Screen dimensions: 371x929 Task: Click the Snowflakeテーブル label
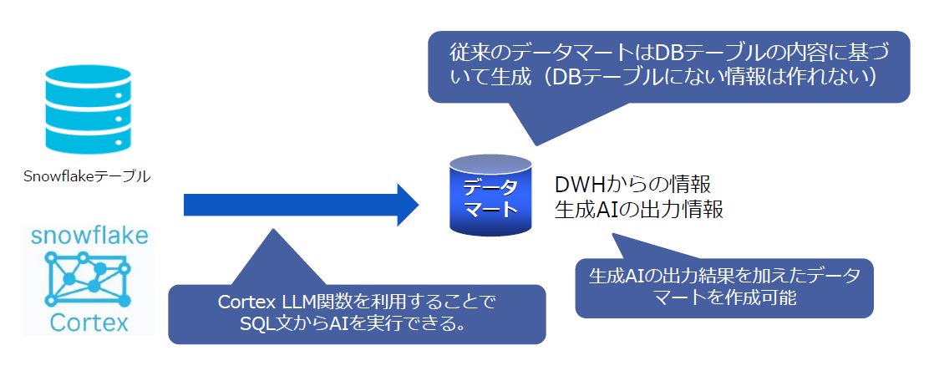(x=87, y=176)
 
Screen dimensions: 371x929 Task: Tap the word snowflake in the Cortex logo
(x=89, y=235)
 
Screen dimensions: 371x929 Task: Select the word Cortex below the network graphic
(x=89, y=322)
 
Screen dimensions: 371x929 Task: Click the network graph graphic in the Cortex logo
(x=89, y=277)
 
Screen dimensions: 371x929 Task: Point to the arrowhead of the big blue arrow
(x=407, y=204)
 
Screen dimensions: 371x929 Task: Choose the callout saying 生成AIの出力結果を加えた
(x=723, y=287)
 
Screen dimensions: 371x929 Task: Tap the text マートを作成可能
(x=723, y=299)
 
